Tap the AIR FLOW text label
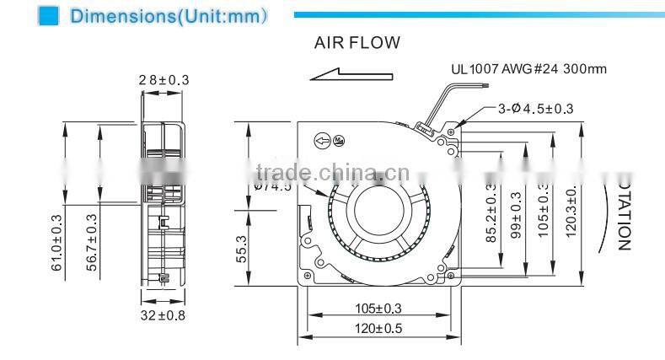(x=357, y=42)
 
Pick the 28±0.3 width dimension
(x=164, y=80)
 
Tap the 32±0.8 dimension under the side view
(x=162, y=317)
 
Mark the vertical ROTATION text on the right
(x=623, y=214)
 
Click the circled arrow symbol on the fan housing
(x=321, y=141)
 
